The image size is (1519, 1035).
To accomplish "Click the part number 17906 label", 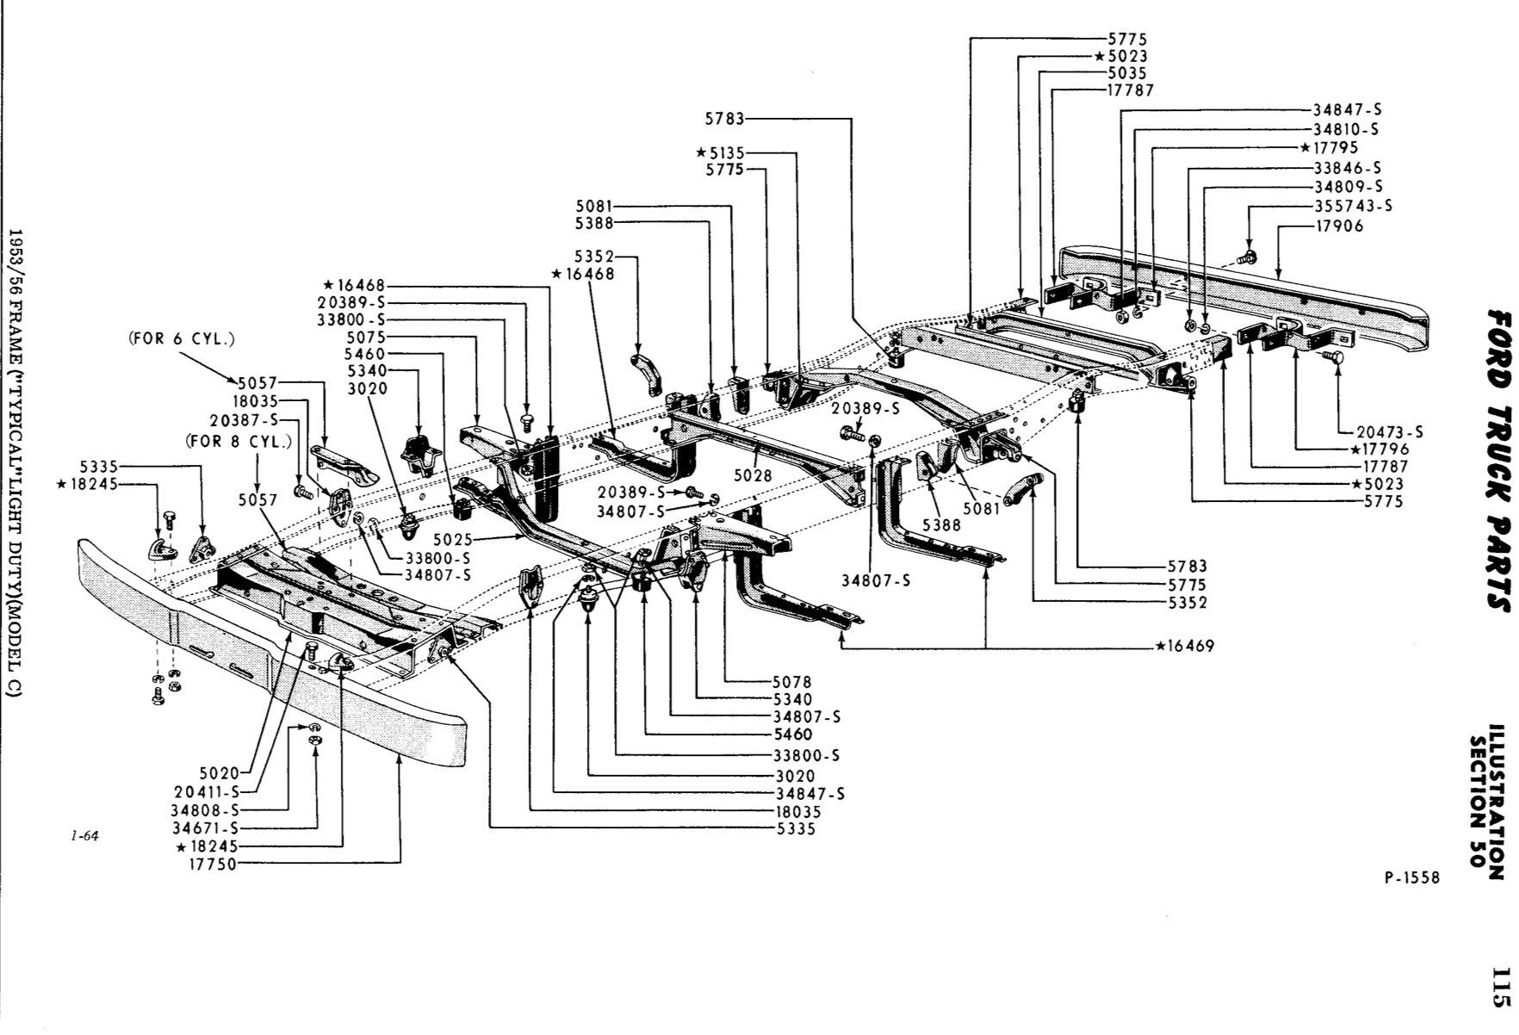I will click(1339, 226).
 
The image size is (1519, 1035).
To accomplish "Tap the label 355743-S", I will click(1353, 206).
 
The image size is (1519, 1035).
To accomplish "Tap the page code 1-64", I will click(85, 834).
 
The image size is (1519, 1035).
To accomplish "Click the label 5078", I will click(793, 682).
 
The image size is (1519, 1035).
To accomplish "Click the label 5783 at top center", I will click(724, 119).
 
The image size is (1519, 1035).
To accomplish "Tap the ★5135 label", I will click(721, 153).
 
